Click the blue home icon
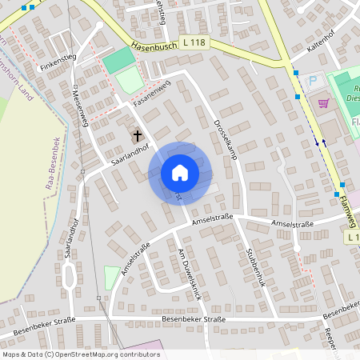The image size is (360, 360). [179, 172]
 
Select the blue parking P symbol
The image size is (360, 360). [314, 81]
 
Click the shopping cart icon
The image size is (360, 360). [323, 102]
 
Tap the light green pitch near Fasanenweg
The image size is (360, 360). [130, 80]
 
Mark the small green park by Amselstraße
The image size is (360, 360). [111, 278]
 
